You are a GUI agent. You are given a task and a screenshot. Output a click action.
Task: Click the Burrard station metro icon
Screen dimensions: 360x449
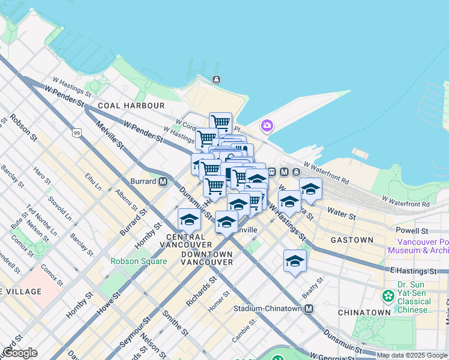coord(163,181)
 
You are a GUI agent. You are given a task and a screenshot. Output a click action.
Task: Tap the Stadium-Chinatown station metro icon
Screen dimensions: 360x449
coord(309,309)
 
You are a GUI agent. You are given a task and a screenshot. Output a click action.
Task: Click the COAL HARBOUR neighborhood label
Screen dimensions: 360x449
coord(131,106)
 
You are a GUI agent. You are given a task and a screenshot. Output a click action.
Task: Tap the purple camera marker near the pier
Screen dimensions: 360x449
coord(266,126)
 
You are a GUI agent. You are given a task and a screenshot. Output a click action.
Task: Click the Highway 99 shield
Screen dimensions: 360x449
coord(76,133)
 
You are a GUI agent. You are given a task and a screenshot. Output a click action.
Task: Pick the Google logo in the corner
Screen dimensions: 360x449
coord(19,353)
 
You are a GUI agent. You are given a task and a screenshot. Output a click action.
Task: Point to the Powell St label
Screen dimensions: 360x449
coord(412,230)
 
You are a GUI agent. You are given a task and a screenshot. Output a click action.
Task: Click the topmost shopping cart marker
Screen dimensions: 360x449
coord(220,122)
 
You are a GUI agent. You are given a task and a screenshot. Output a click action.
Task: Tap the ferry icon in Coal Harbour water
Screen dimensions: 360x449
coord(216,79)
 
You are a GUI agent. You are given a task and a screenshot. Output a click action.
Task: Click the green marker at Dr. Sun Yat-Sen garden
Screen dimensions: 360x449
coord(388,296)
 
